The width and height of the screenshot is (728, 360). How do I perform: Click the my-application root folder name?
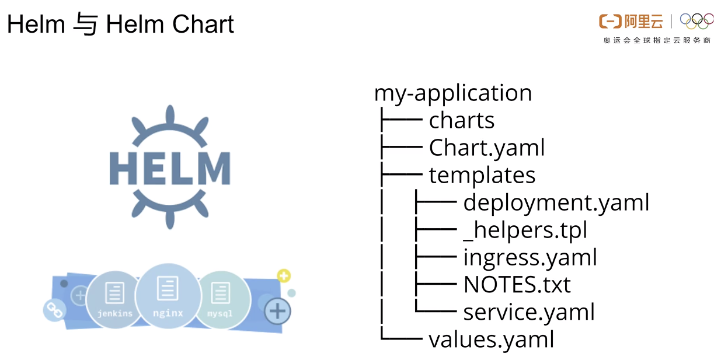[452, 93]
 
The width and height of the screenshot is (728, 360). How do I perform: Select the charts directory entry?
[461, 121]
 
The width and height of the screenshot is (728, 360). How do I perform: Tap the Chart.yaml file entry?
[486, 148]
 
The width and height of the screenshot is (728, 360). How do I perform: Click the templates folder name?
[482, 176]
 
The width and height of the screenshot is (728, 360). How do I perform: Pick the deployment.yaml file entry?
[556, 203]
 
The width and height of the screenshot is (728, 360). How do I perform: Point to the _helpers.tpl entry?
[525, 230]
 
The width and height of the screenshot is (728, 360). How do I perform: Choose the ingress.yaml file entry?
[530, 257]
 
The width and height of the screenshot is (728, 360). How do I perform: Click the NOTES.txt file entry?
[516, 285]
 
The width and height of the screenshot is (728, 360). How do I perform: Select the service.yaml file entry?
[528, 312]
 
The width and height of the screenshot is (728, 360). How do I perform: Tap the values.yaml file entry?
[490, 340]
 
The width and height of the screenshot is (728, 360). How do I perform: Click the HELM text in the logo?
[170, 169]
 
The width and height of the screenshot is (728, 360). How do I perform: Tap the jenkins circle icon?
[114, 299]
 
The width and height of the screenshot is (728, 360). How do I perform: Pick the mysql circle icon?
[220, 299]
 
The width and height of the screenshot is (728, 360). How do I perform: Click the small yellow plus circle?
[284, 276]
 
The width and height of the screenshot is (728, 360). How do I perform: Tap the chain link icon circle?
[54, 309]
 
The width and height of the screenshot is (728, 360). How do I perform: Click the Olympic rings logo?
[696, 22]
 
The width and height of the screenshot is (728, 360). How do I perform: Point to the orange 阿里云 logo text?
[643, 22]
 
